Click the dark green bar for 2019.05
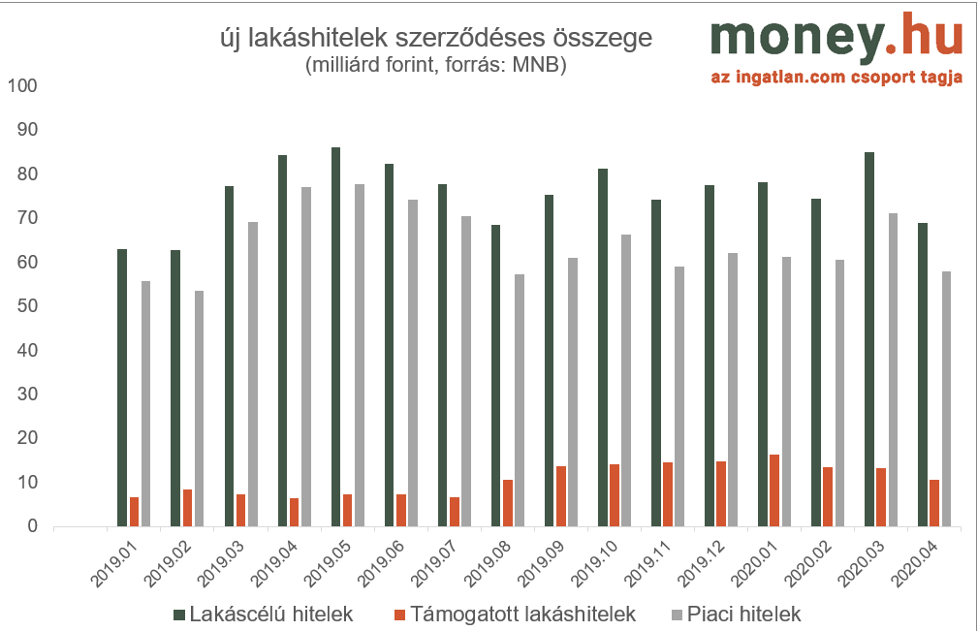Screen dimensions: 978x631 [335, 336]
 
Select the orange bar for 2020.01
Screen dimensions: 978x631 [774, 490]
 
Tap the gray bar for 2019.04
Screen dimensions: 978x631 [305, 357]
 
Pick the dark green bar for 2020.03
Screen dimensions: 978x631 [868, 339]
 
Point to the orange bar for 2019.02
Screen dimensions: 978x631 [188, 508]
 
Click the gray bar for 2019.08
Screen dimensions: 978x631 [520, 400]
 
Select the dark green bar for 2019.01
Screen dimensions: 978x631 [122, 388]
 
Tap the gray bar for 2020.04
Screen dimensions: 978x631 [946, 399]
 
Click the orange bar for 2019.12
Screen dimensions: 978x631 [721, 493]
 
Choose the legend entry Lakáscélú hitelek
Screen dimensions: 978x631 [264, 615]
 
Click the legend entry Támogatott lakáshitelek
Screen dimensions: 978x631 [516, 615]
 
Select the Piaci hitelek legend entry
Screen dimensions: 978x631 [736, 615]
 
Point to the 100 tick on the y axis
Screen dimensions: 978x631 [22, 85]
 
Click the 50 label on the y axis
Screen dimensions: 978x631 [27, 306]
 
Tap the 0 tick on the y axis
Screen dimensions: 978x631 [32, 526]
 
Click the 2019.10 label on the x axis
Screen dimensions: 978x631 [594, 563]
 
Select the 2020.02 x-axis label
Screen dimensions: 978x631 [807, 563]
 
